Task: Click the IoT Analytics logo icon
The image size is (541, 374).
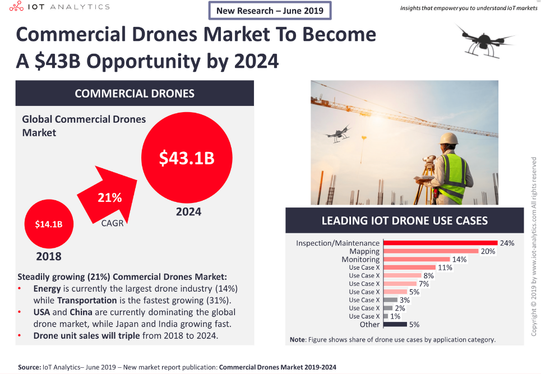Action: [x=17, y=6]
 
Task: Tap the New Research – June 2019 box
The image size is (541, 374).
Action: [x=270, y=11]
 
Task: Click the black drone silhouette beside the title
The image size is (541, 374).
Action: [x=485, y=41]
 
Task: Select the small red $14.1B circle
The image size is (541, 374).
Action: [x=49, y=224]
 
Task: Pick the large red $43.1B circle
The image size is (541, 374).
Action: [x=187, y=158]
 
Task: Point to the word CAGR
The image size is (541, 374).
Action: [x=113, y=223]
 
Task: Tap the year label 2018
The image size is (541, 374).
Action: [x=49, y=256]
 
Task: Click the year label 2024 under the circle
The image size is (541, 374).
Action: [x=189, y=211]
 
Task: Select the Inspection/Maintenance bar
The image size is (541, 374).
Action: [x=441, y=243]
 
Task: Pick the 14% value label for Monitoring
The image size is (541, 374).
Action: [x=459, y=260]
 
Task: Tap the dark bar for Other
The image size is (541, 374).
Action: [x=395, y=324]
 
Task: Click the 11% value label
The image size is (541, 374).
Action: [x=445, y=267]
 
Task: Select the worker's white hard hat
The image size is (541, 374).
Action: [x=448, y=138]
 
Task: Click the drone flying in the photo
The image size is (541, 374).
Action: [x=338, y=133]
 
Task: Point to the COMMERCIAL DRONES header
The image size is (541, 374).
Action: [x=135, y=93]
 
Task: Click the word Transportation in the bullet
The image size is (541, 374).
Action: [x=87, y=300]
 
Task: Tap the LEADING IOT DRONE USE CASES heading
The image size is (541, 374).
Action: [x=405, y=220]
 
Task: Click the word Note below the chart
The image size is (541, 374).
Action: [x=297, y=339]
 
